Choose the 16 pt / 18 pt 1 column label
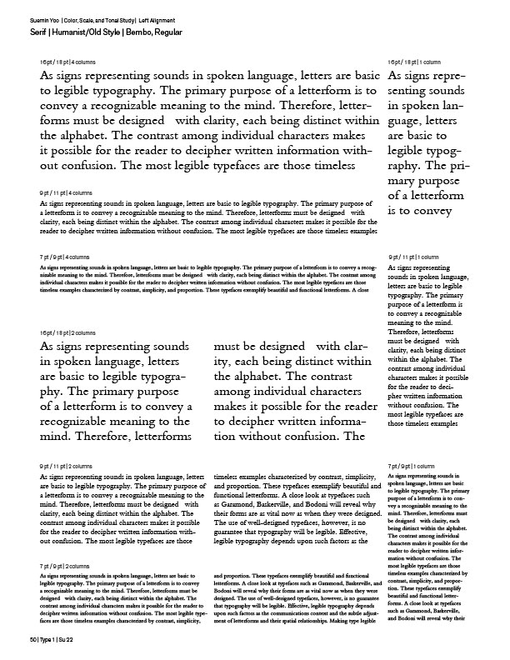(416, 63)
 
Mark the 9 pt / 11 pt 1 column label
(414, 257)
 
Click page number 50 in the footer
(32, 638)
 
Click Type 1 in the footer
(52, 638)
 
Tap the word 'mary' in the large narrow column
(407, 178)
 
